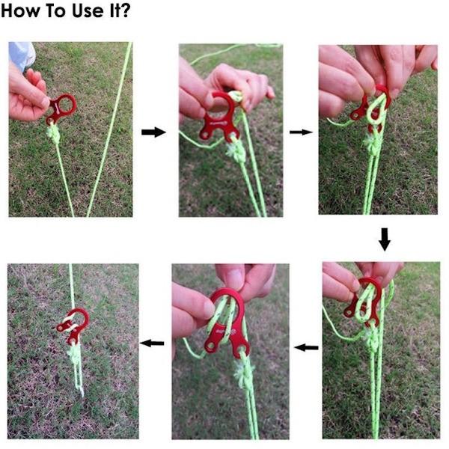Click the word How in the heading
[19, 10]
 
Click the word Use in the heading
[88, 10]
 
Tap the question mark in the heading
[125, 10]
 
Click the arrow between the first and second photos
[153, 132]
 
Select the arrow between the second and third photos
[301, 132]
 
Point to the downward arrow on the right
[385, 239]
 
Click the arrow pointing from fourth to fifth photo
[306, 348]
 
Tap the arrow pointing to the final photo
[152, 343]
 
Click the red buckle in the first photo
[61, 109]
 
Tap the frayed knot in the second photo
[236, 151]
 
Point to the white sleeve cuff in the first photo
[22, 55]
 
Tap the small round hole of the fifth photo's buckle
[211, 347]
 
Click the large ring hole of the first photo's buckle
[67, 104]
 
